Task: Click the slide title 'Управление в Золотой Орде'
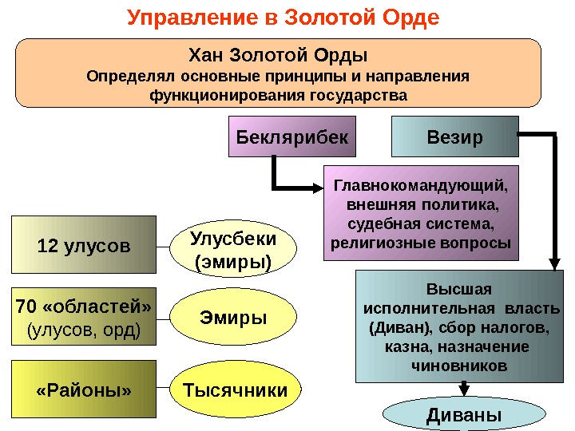(284, 18)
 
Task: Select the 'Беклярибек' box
(292, 137)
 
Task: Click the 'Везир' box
(454, 137)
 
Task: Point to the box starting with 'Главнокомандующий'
(421, 213)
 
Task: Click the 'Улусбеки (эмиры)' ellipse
(234, 249)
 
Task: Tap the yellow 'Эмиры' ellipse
(233, 318)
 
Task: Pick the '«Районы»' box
(84, 390)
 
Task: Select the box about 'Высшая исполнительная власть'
(458, 327)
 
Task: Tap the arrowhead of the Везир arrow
(554, 264)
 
